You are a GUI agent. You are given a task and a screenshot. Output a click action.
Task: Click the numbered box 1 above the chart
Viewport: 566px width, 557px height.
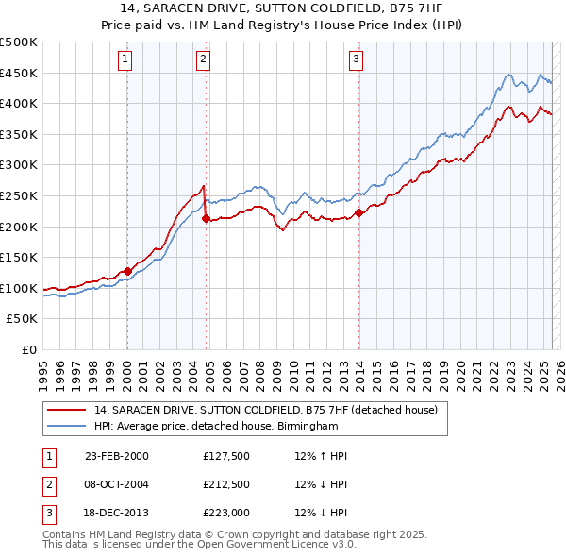tap(125, 59)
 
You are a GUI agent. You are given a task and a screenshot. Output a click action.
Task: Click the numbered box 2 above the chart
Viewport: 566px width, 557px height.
tap(203, 59)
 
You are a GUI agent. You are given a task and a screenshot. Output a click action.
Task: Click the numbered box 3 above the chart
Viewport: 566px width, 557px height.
tap(357, 59)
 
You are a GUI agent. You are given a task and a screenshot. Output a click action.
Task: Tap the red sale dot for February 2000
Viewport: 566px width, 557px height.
tap(127, 271)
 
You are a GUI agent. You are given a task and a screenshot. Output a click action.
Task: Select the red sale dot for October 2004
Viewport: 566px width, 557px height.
tap(205, 219)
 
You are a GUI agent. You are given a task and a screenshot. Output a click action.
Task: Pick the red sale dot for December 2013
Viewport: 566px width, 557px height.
tap(358, 212)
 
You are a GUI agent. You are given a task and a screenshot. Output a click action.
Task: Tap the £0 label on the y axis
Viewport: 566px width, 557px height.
tap(28, 349)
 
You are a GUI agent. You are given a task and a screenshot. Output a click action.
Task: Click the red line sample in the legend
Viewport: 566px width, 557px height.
tap(66, 411)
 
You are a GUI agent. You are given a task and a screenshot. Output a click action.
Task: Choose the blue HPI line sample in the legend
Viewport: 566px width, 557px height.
tap(66, 427)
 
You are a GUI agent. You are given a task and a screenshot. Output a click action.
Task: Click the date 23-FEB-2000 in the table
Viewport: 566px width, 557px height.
tap(117, 456)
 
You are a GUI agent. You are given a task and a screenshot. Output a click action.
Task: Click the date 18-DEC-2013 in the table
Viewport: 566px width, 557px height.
tap(116, 513)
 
